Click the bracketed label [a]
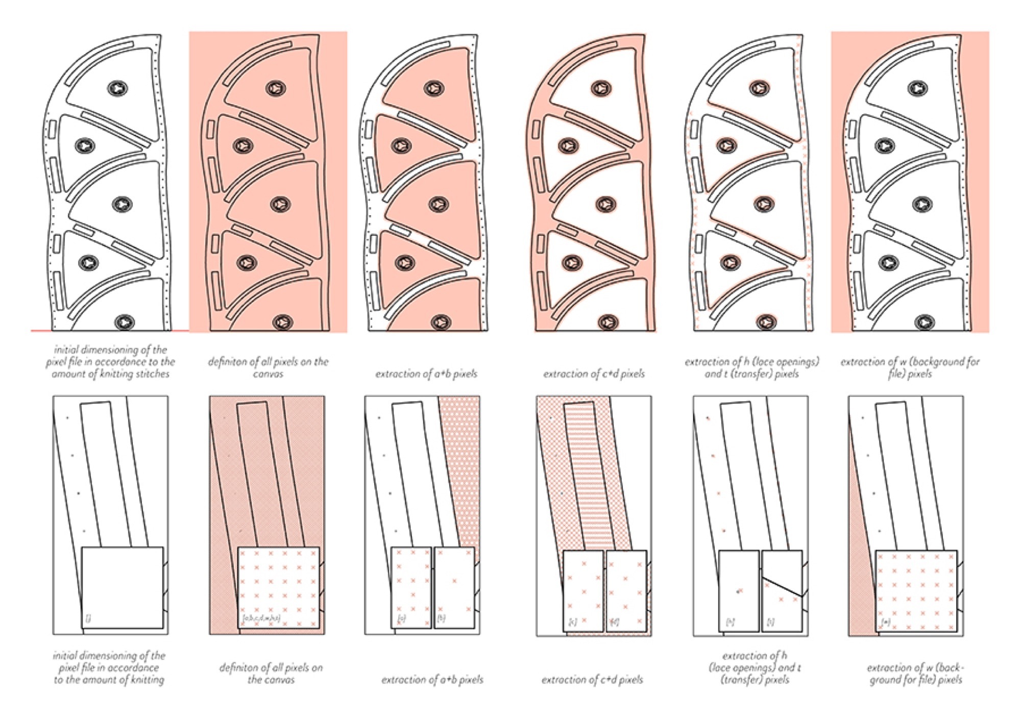tap(402, 618)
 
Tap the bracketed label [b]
tap(441, 618)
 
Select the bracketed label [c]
tap(573, 622)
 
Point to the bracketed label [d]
tap(615, 622)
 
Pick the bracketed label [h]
tap(731, 622)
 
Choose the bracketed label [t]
tap(770, 622)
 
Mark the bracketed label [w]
tap(886, 622)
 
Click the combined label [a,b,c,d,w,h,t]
tap(261, 618)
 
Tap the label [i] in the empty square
tap(88, 618)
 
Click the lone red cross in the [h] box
tap(740, 591)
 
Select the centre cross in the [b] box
tap(454, 581)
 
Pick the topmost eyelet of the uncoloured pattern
tap(118, 88)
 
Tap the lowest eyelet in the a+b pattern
tap(440, 322)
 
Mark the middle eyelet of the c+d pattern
tap(605, 205)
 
